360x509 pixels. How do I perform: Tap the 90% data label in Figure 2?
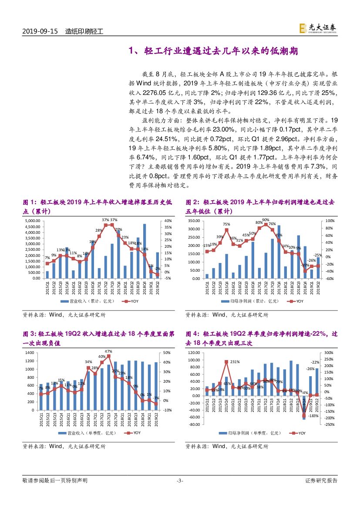(x=266, y=220)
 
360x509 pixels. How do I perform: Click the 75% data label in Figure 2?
(x=226, y=224)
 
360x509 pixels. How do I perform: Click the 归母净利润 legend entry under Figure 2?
(x=246, y=301)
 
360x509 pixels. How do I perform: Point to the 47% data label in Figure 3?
(x=108, y=351)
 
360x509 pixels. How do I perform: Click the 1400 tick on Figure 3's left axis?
(x=29, y=352)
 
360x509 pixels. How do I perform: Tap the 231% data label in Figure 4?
(x=235, y=362)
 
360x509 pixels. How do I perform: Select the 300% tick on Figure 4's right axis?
(x=329, y=352)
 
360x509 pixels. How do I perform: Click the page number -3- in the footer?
(x=180, y=481)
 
